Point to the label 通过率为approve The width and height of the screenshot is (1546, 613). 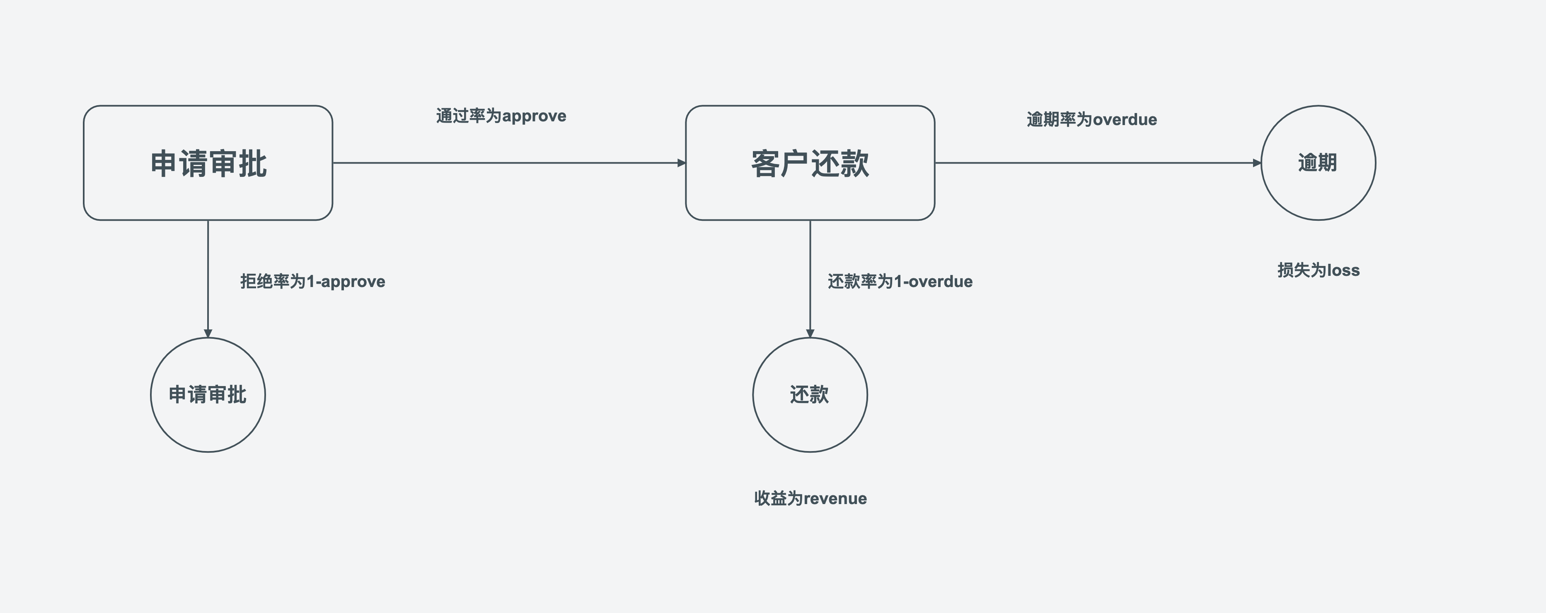click(501, 116)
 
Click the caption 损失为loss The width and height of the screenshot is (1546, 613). click(1319, 270)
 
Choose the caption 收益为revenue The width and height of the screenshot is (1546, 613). click(810, 498)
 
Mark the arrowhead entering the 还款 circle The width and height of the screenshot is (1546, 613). click(810, 333)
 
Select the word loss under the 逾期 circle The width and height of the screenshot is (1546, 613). click(1343, 270)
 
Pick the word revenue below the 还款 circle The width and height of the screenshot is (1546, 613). click(835, 498)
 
